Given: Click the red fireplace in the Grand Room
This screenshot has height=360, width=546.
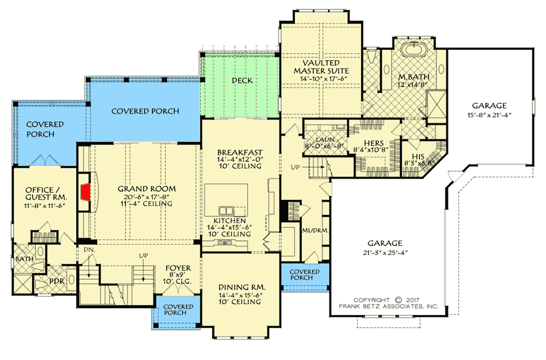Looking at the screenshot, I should click(85, 192).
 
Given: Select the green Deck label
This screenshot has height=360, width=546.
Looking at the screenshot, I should click(242, 80).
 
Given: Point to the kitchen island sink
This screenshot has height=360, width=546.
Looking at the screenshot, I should click(226, 210).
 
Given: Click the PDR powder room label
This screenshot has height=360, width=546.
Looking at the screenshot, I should click(57, 282).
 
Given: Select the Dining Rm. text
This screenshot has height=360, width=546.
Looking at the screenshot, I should click(242, 287).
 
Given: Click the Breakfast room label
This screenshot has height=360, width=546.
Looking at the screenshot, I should click(240, 152).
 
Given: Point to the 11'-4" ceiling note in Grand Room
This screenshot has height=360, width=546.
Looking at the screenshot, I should click(147, 204).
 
